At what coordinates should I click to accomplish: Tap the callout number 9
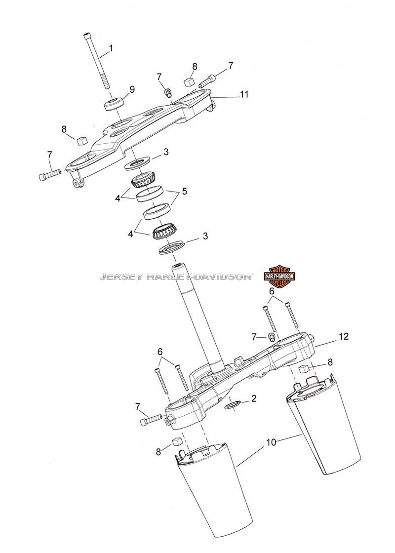tap(132, 89)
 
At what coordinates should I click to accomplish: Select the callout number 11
tap(244, 94)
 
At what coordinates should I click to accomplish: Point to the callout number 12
tap(344, 336)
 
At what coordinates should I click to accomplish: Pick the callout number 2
tap(254, 398)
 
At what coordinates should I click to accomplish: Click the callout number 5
tap(184, 192)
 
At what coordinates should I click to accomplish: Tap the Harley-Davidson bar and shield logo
tap(279, 276)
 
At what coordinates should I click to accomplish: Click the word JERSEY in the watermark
tap(120, 276)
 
